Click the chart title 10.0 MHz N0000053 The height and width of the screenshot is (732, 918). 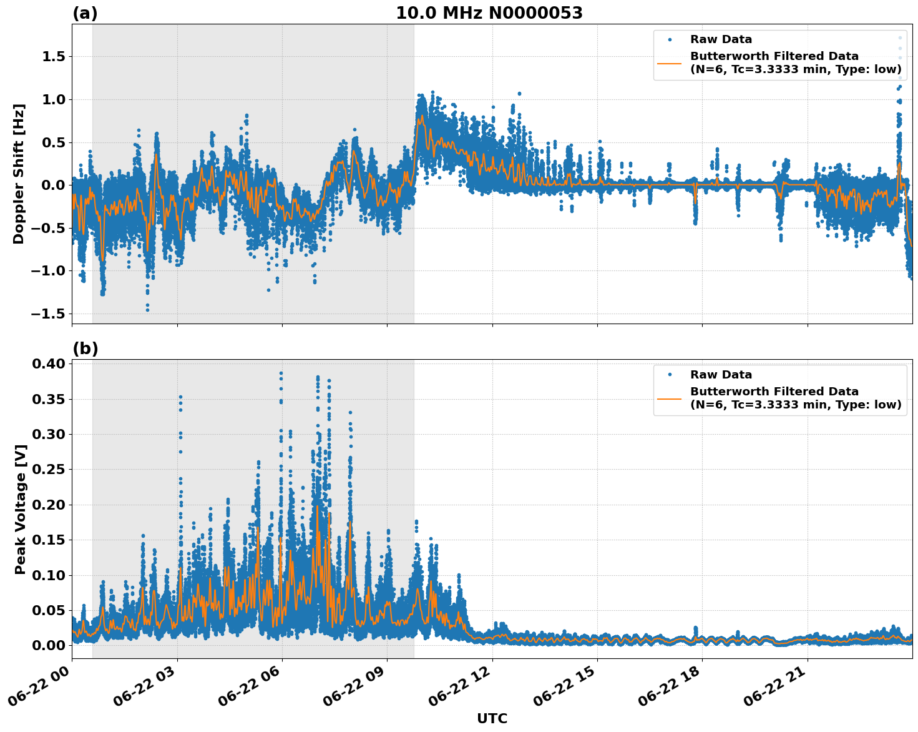click(x=489, y=13)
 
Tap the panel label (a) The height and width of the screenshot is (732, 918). click(x=85, y=13)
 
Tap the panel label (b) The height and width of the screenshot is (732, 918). click(x=85, y=349)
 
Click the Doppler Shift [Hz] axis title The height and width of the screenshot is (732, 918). click(x=19, y=174)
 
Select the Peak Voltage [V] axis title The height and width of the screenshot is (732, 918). click(x=21, y=509)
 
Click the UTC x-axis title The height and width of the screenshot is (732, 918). click(x=492, y=718)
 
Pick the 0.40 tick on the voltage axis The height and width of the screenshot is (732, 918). click(x=50, y=364)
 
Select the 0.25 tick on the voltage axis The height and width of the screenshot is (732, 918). click(x=50, y=469)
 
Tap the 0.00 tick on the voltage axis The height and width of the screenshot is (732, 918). click(x=50, y=645)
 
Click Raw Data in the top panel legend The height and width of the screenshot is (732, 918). click(x=721, y=39)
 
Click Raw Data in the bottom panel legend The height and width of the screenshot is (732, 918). click(x=721, y=375)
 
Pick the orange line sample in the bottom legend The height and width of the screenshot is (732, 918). click(x=670, y=398)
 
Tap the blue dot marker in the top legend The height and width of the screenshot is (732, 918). click(x=670, y=39)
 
